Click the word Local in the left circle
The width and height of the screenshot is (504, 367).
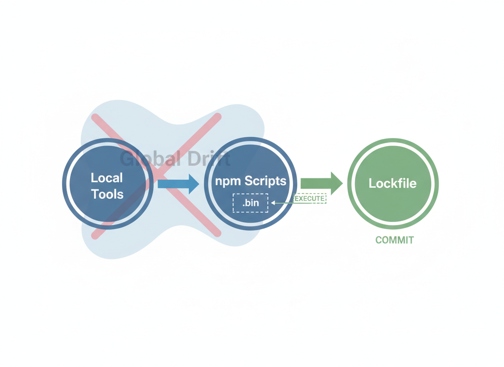107,178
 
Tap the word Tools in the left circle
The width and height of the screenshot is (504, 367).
107,194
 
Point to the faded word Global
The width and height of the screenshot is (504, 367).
150,158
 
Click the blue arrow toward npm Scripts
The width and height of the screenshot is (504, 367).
178,184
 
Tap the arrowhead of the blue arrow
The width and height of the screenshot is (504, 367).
194,184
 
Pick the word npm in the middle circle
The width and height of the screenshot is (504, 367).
228,181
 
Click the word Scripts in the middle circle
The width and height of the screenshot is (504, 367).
266,181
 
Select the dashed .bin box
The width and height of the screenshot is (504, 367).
250,203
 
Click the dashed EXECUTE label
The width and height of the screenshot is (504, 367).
310,198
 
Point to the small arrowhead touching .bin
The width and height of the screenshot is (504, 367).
273,203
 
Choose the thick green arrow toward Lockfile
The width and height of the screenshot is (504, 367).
322,183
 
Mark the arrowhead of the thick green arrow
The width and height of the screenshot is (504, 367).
337,183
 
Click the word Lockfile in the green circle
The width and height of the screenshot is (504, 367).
392,183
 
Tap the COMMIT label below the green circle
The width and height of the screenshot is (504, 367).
395,240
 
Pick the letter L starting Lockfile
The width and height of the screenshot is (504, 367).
372,183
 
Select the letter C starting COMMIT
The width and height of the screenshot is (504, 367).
379,240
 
